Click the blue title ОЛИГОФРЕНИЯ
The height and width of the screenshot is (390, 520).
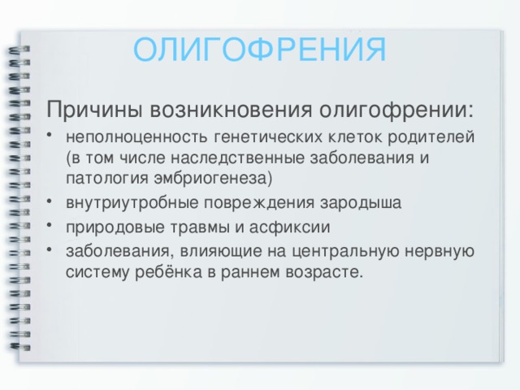tap(260, 50)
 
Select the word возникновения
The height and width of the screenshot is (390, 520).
tap(231, 109)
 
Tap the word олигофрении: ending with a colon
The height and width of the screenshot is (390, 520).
tap(396, 110)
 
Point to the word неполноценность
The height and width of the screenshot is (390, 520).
tap(136, 137)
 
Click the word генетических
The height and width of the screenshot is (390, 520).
tap(267, 137)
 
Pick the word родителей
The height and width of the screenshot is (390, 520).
tap(431, 137)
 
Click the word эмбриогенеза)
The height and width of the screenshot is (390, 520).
tap(213, 179)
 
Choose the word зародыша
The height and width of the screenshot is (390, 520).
tap(361, 203)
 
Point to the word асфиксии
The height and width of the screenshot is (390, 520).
tap(289, 227)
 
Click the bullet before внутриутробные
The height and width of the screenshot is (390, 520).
tap(50, 201)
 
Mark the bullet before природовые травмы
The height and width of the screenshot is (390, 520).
tap(50, 225)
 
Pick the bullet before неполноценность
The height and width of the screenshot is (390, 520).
tap(50, 135)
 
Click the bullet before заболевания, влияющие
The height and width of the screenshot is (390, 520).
tap(50, 249)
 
